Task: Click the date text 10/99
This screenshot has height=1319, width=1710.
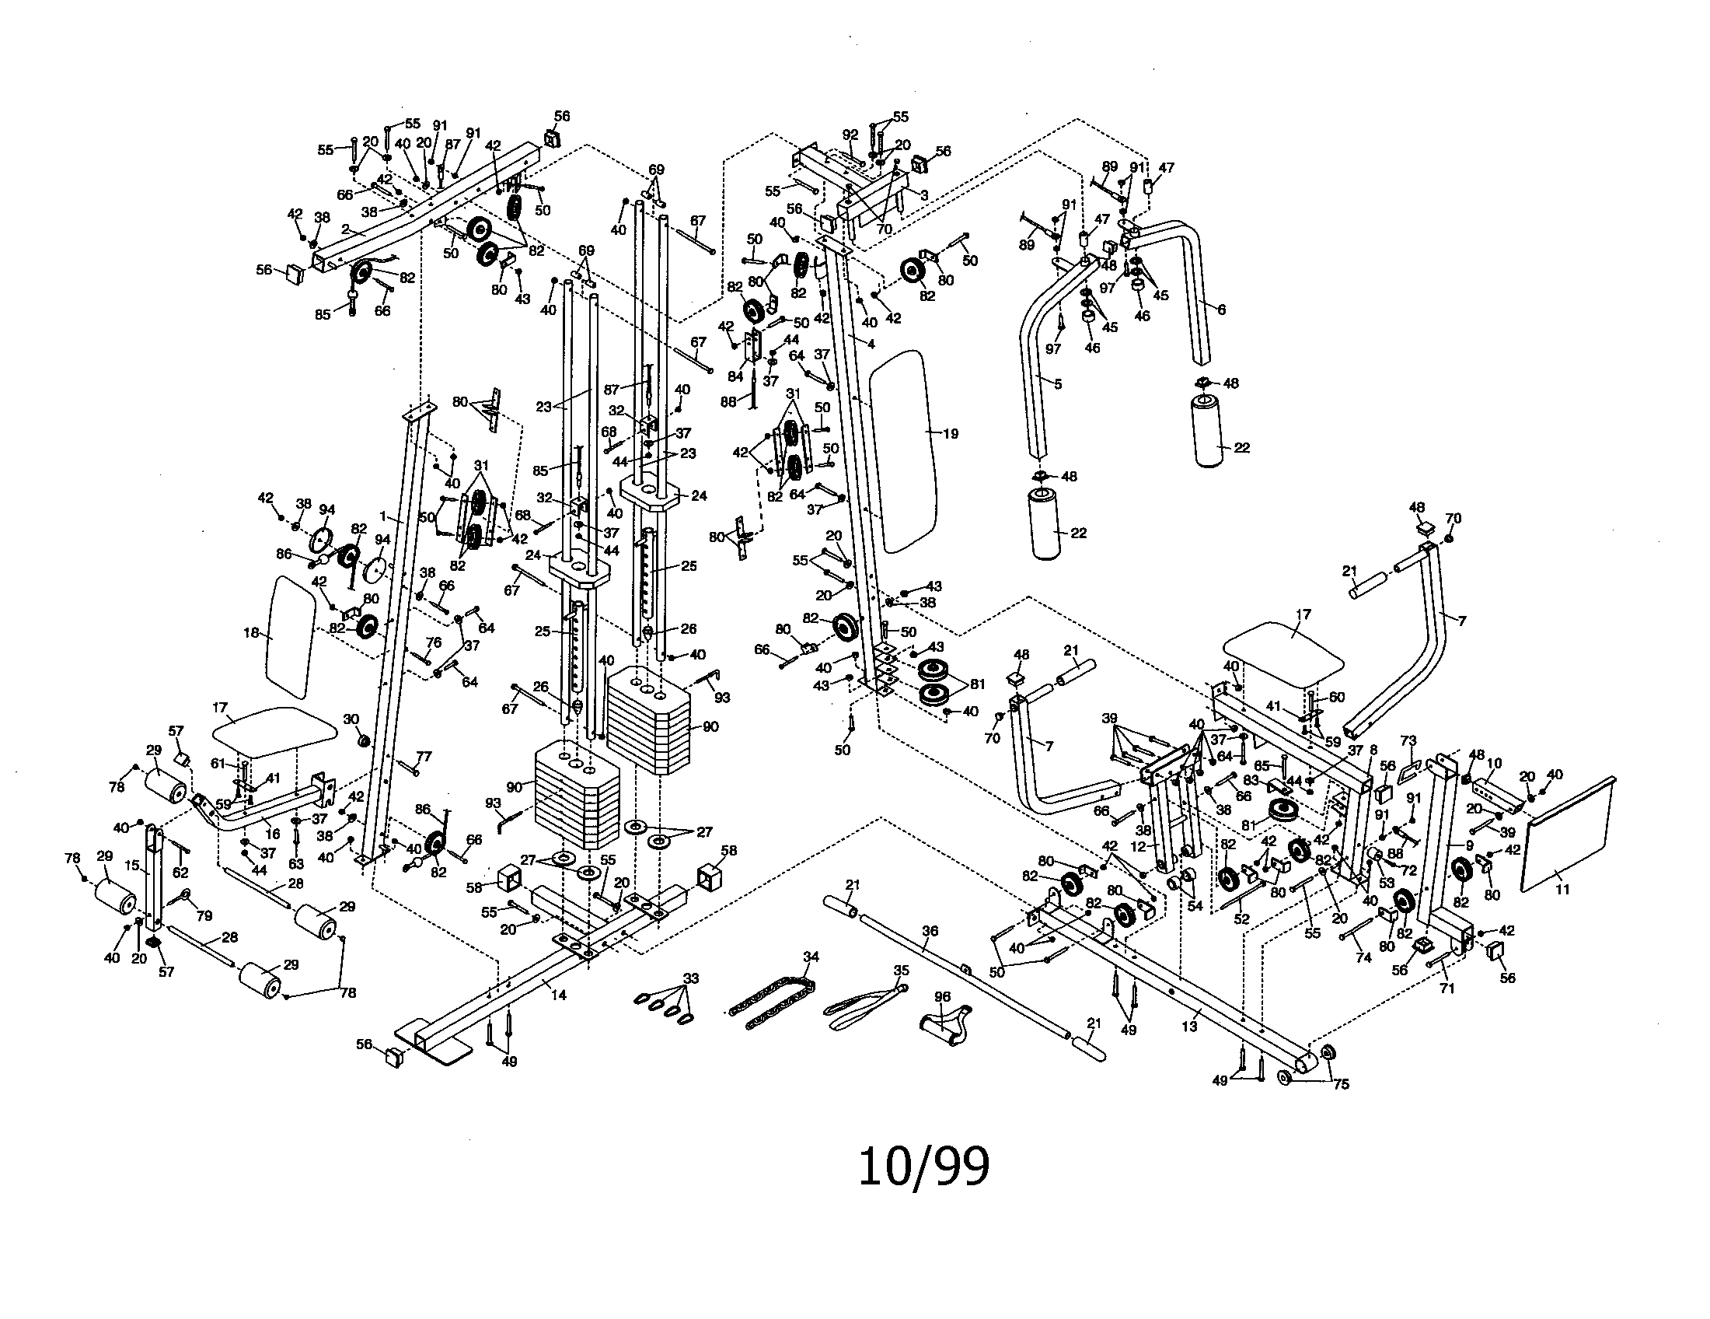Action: tap(924, 1167)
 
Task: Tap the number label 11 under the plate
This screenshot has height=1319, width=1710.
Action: tap(1562, 890)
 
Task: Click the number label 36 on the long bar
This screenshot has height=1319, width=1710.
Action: tap(930, 931)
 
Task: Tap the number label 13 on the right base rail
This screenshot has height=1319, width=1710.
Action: tap(1189, 1027)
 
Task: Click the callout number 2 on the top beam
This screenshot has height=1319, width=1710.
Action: tap(344, 229)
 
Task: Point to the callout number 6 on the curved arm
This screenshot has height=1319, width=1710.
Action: tap(1220, 310)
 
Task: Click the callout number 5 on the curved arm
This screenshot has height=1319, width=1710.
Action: tap(1058, 384)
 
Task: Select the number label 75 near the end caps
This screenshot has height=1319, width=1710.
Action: tap(1342, 1084)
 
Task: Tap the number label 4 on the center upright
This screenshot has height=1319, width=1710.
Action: tap(871, 344)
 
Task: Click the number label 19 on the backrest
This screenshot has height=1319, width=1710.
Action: tap(950, 433)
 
